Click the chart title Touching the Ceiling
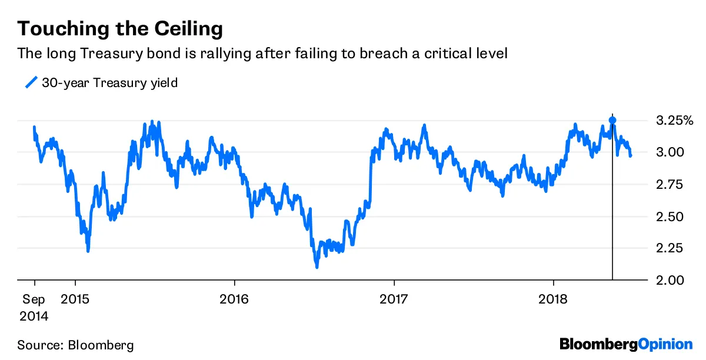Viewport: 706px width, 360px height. tap(120, 29)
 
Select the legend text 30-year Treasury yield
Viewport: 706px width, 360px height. tap(109, 83)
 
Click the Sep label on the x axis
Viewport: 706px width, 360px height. tap(33, 298)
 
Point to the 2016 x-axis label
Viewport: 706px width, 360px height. tap(234, 298)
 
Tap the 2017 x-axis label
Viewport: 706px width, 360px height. tap(394, 298)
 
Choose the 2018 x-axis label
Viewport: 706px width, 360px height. tap(554, 298)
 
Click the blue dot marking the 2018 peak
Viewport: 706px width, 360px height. tap(612, 120)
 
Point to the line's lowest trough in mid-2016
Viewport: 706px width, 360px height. tap(317, 266)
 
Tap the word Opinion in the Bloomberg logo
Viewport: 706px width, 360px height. tap(666, 344)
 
